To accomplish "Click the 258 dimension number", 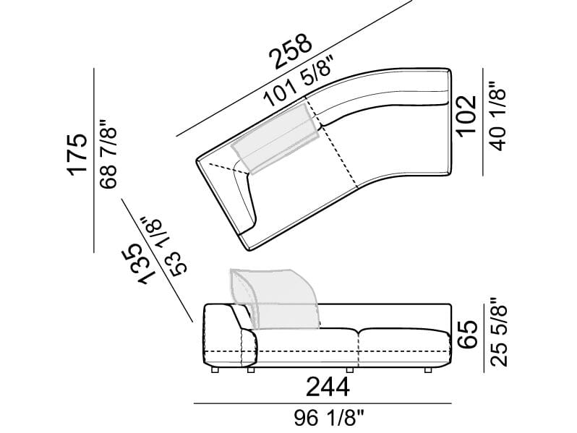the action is (291, 51).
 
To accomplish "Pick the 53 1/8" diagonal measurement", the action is (166, 246).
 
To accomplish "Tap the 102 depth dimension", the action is (467, 116).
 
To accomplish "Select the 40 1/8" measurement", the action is (497, 116).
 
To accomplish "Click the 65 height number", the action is (467, 335).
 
